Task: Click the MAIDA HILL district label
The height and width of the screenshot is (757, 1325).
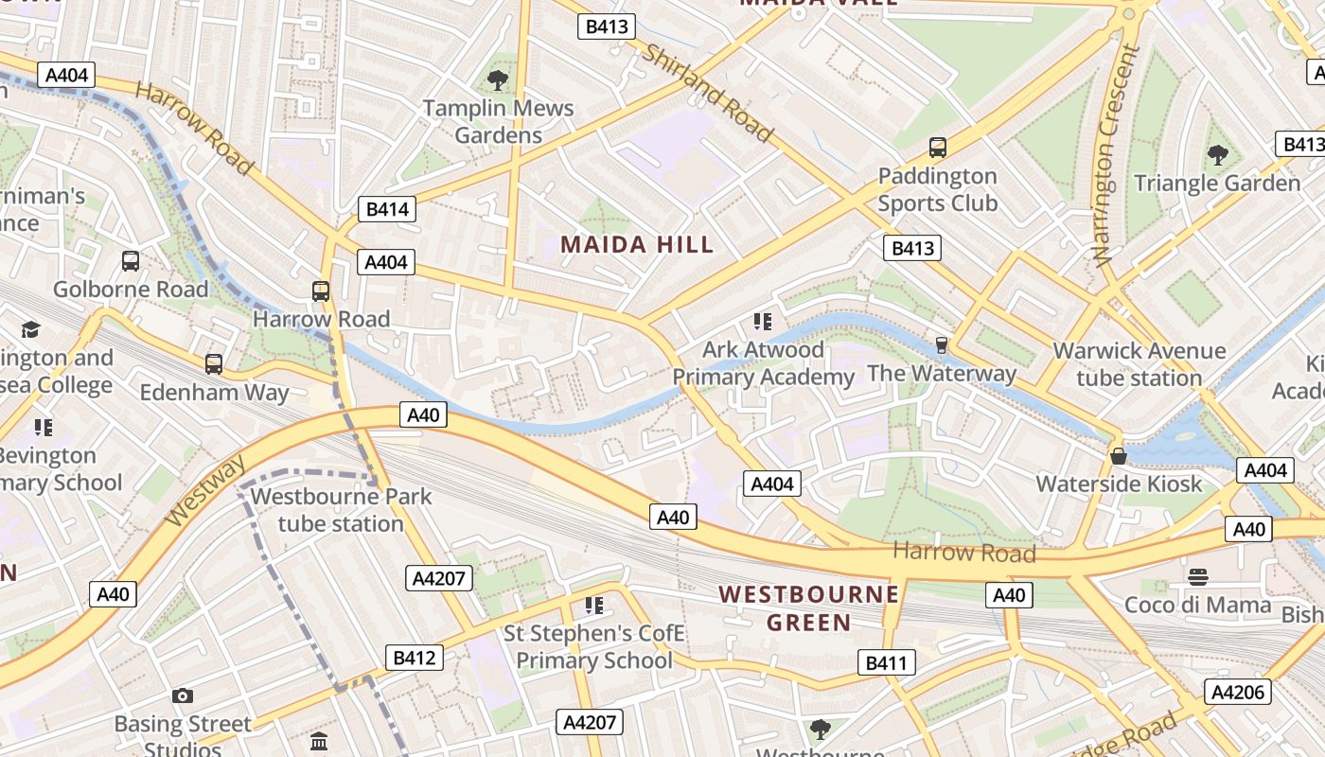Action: [637, 244]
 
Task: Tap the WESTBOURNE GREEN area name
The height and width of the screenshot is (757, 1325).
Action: [808, 607]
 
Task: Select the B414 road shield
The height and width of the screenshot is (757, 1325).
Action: [386, 209]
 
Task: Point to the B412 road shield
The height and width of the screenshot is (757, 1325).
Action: [415, 658]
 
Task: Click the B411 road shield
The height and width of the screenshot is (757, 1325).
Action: [887, 662]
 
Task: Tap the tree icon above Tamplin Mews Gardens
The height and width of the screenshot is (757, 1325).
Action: [497, 80]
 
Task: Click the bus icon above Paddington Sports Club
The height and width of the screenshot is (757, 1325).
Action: [937, 148]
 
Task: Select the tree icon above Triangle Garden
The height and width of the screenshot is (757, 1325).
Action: [1217, 154]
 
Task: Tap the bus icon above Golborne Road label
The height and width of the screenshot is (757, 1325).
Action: [131, 261]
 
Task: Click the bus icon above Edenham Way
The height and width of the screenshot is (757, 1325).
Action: [214, 363]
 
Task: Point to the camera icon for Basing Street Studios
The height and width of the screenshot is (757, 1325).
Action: [183, 696]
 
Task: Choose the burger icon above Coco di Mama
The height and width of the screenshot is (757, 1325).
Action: [1198, 576]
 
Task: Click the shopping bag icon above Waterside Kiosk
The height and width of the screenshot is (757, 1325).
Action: [1119, 456]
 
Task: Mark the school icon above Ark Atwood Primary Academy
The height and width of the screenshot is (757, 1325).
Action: [763, 322]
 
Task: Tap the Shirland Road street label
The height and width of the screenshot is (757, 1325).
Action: [707, 92]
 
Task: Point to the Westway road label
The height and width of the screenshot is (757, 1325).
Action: [205, 490]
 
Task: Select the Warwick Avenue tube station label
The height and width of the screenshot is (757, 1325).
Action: [1139, 364]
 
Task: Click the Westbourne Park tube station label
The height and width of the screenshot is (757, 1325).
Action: [341, 510]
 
